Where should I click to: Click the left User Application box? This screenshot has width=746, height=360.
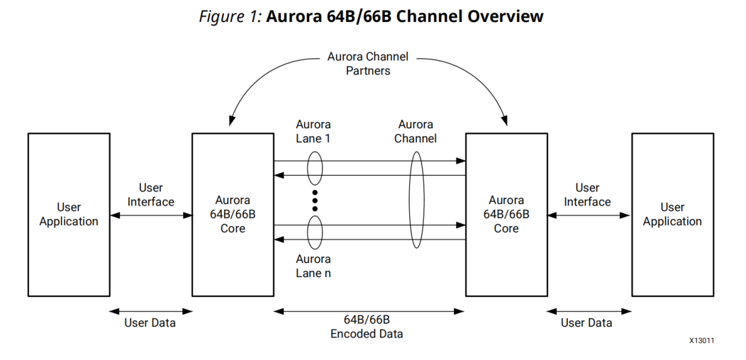pos(69,214)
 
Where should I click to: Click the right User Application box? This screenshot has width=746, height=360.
pos(672,214)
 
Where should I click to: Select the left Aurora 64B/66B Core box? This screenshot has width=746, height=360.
pos(233,214)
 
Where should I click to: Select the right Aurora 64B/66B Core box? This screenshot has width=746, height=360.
pos(506,214)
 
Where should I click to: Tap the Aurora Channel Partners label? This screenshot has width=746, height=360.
pos(368,64)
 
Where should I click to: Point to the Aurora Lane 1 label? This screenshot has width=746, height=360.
pos(313,131)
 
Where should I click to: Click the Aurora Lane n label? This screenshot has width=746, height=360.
pos(313,266)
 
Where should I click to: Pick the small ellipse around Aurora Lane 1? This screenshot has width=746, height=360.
pos(315,168)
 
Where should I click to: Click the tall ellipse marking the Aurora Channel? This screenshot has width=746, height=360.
pos(416,200)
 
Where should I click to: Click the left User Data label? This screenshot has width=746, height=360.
pos(150,323)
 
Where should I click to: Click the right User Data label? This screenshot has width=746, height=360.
pos(586,323)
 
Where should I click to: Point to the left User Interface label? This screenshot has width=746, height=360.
pos(150,195)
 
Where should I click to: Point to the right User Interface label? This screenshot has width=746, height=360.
pos(587,195)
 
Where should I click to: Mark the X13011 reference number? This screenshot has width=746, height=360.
pos(701,341)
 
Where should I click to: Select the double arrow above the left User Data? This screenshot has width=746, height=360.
pos(150,310)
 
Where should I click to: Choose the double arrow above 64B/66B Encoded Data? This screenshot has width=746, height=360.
pos(369,310)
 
